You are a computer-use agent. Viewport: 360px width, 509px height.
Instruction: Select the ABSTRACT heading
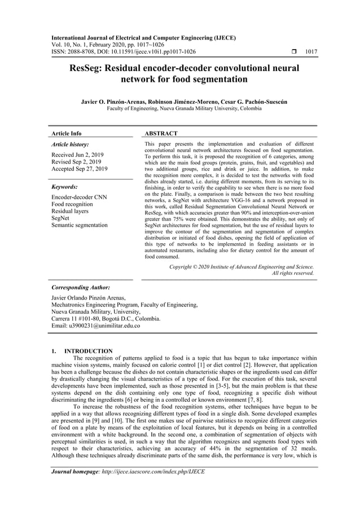coord(161,134)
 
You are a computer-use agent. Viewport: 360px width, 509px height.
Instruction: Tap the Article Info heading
coord(66,134)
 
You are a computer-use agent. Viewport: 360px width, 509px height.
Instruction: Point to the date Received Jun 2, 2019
coord(77,154)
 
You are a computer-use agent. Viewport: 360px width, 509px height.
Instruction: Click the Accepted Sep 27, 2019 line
coord(80,169)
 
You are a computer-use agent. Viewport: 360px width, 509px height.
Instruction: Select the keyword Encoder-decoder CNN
coord(79,197)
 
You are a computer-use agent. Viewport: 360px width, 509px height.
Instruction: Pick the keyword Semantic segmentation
coord(79,225)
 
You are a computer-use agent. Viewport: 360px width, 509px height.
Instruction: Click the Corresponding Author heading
coord(81,287)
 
